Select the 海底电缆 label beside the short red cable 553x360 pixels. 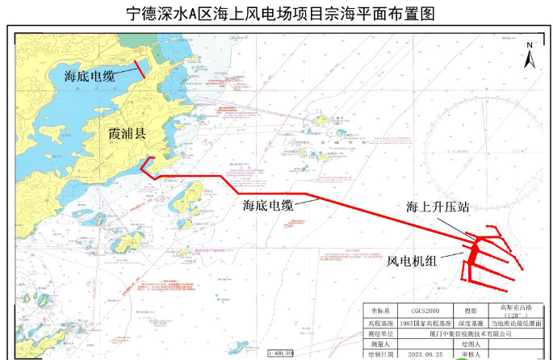(90, 76)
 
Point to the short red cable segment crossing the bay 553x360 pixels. (140, 69)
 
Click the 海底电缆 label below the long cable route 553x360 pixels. (268, 205)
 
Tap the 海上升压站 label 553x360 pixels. (438, 207)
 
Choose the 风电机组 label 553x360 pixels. (412, 261)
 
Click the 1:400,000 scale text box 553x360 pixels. (280, 354)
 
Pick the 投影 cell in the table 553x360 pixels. (470, 311)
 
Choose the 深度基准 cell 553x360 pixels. (470, 323)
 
